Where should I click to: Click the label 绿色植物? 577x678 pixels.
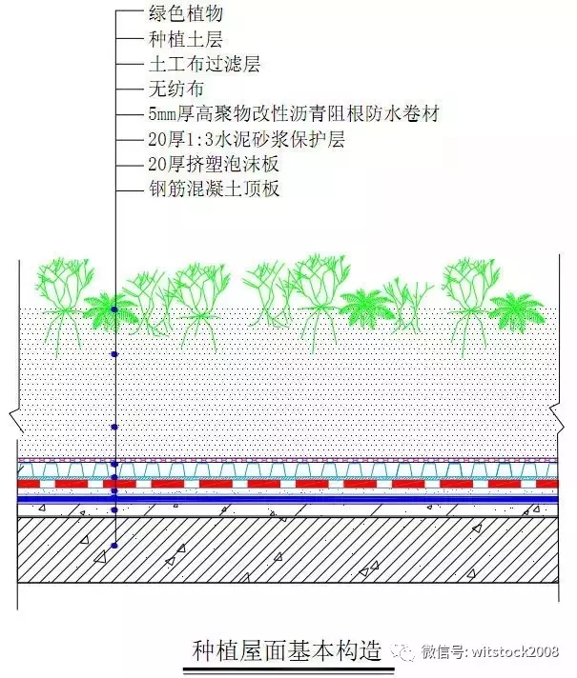pos(185,13)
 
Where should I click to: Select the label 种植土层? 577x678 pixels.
pos(185,39)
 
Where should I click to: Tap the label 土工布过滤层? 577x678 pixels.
pos(204,64)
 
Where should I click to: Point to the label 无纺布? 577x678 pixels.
pos(175,90)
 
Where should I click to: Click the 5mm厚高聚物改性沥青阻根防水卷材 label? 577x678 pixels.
pos(294,113)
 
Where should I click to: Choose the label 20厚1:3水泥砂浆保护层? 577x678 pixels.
pos(246,139)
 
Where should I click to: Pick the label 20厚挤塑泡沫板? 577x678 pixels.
pos(214,164)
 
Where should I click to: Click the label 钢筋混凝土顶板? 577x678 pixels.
pos(214,189)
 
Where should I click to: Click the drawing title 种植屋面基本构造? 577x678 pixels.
pos(286,650)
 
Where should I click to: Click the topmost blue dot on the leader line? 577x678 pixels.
pos(114,309)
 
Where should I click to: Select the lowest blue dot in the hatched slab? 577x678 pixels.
pos(114,546)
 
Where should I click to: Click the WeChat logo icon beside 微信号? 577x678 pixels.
pos(403,651)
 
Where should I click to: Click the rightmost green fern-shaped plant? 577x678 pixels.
pos(518,309)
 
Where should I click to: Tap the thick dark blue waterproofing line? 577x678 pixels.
pos(288,499)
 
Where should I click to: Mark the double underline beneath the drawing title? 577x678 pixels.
pos(288,671)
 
